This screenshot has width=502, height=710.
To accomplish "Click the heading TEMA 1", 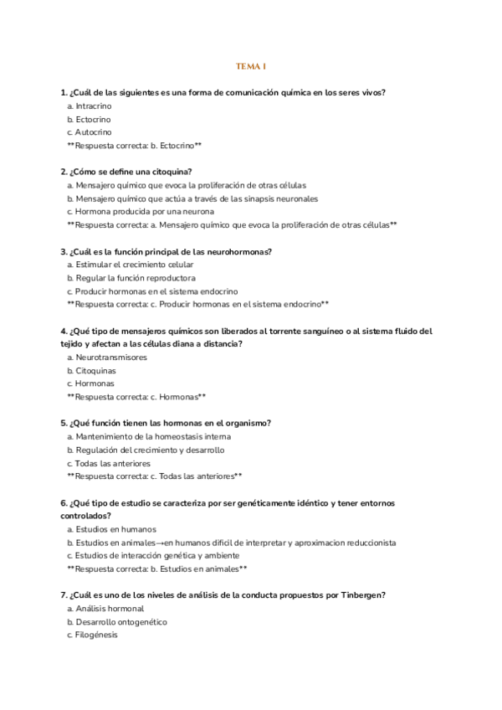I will pyautogui.click(x=251, y=66).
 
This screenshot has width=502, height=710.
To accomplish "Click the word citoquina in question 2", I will pyautogui.click(x=171, y=172).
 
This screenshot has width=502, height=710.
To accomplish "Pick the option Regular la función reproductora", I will pyautogui.click(x=135, y=278).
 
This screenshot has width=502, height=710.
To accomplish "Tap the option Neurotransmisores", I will pyautogui.click(x=110, y=358).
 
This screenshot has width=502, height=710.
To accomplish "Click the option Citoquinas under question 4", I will pyautogui.click(x=95, y=370).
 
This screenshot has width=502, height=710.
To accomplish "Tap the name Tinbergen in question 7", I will pyautogui.click(x=361, y=595).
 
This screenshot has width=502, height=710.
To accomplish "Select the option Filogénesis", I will pyautogui.click(x=96, y=635).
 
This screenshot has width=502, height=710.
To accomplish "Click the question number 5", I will pyautogui.click(x=64, y=424).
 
